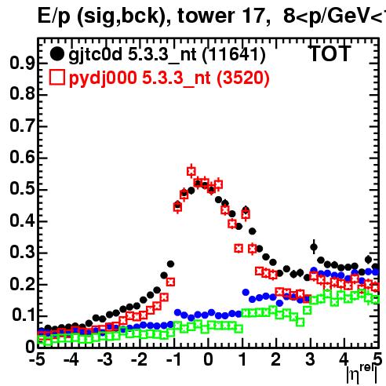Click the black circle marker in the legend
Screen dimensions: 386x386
click(56, 54)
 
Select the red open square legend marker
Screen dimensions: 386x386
click(57, 78)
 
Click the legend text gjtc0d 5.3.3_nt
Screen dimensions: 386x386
click(133, 55)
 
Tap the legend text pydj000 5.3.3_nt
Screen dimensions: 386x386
click(140, 78)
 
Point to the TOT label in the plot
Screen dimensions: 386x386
click(330, 54)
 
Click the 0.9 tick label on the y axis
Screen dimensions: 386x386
click(22, 64)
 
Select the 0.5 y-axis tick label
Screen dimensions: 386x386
click(22, 189)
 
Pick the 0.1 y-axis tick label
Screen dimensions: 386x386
click(24, 315)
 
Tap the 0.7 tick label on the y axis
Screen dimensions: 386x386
click(22, 126)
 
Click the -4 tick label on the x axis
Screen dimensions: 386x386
click(71, 360)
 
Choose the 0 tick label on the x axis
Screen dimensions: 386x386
click(208, 360)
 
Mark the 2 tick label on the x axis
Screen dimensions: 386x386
click(276, 360)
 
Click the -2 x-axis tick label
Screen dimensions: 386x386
click(140, 360)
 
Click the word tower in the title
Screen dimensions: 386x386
click(206, 16)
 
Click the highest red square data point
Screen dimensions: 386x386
click(191, 171)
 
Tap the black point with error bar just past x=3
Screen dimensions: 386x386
click(314, 247)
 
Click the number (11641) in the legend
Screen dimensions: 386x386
click(234, 55)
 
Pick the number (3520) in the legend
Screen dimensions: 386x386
click(243, 78)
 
